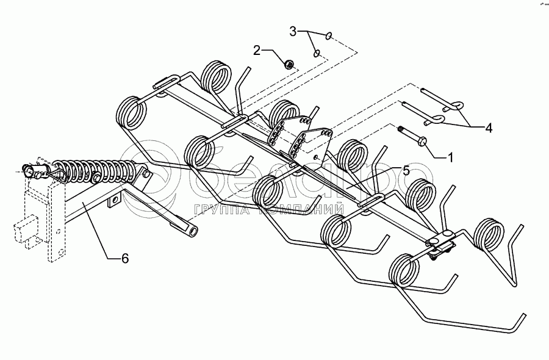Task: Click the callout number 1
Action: [450, 157]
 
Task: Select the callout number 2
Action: [258, 50]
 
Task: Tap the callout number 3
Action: [293, 30]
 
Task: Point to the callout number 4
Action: [489, 128]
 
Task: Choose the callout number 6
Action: [125, 259]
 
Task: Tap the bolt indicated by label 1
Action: [413, 139]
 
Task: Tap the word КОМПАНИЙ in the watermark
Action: [299, 210]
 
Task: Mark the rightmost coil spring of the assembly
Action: [489, 234]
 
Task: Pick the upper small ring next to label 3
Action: [329, 36]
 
